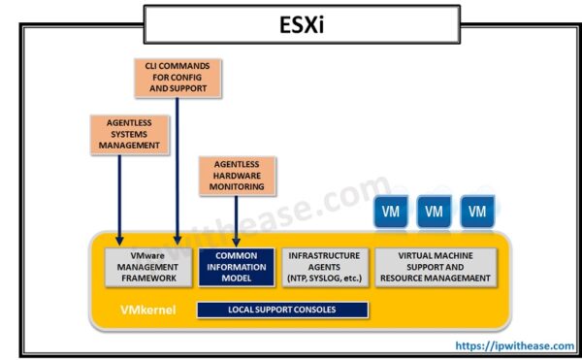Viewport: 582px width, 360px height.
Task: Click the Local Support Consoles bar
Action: (282, 310)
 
